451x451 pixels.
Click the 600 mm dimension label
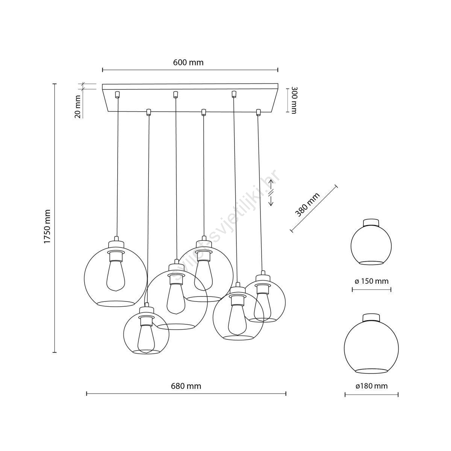188,62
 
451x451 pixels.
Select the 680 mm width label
186,386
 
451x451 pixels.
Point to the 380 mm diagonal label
307,205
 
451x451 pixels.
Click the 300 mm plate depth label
294,101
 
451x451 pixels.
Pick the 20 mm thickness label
79,106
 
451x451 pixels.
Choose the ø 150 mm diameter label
371,281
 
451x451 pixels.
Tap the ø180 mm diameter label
371,386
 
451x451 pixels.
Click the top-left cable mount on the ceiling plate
117,94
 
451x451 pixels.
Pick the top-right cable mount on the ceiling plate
233,94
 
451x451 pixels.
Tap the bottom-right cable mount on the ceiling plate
258,112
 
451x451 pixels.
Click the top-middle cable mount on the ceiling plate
175,94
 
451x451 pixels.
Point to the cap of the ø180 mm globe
371,318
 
